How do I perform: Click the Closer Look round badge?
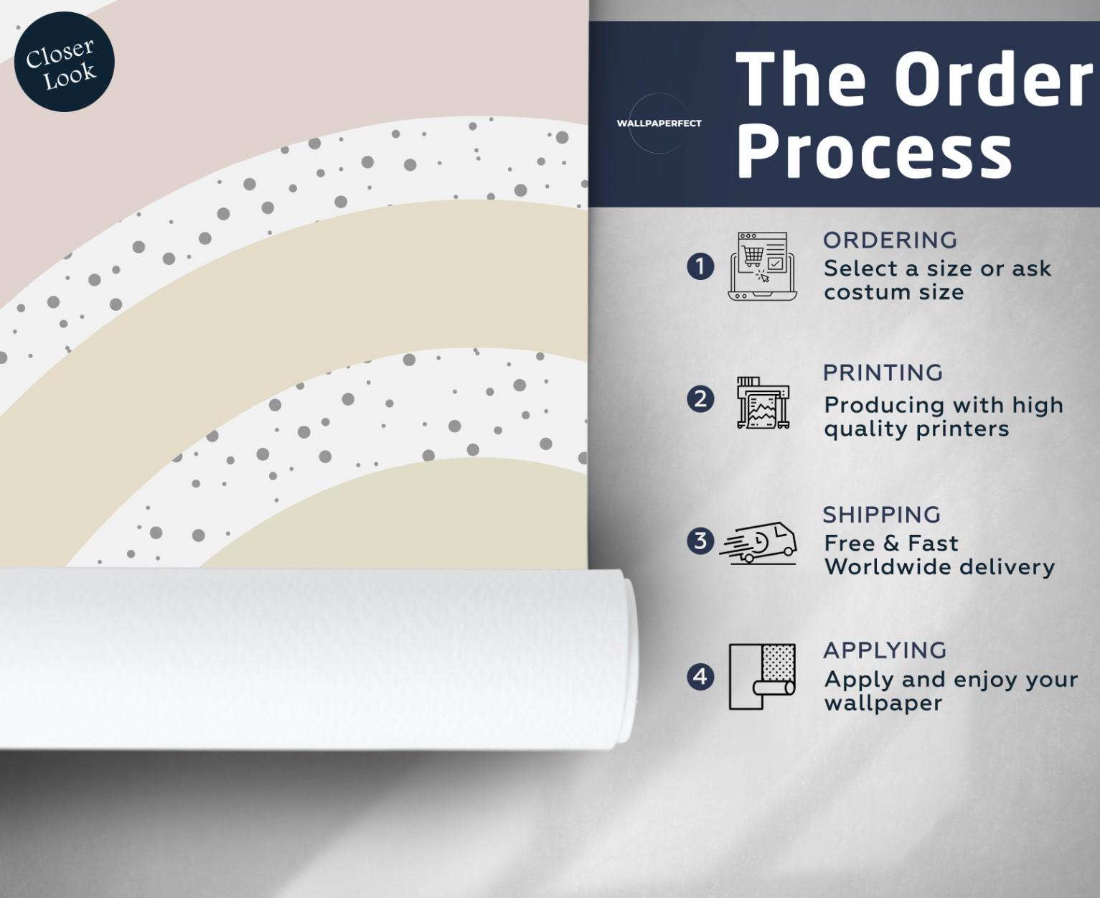point(64,62)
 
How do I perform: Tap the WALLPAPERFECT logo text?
point(659,123)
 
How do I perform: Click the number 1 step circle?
point(700,266)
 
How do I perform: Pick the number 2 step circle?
point(700,399)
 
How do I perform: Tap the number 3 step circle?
point(700,541)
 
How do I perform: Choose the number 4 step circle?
point(700,677)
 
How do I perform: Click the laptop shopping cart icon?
point(762,266)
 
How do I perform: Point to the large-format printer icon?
point(763,402)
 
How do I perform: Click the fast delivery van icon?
point(758,543)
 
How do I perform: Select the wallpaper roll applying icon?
point(762,676)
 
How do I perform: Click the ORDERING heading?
point(890,240)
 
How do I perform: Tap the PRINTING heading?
point(883,373)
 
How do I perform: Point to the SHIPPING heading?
point(881,515)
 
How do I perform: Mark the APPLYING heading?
point(885,650)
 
